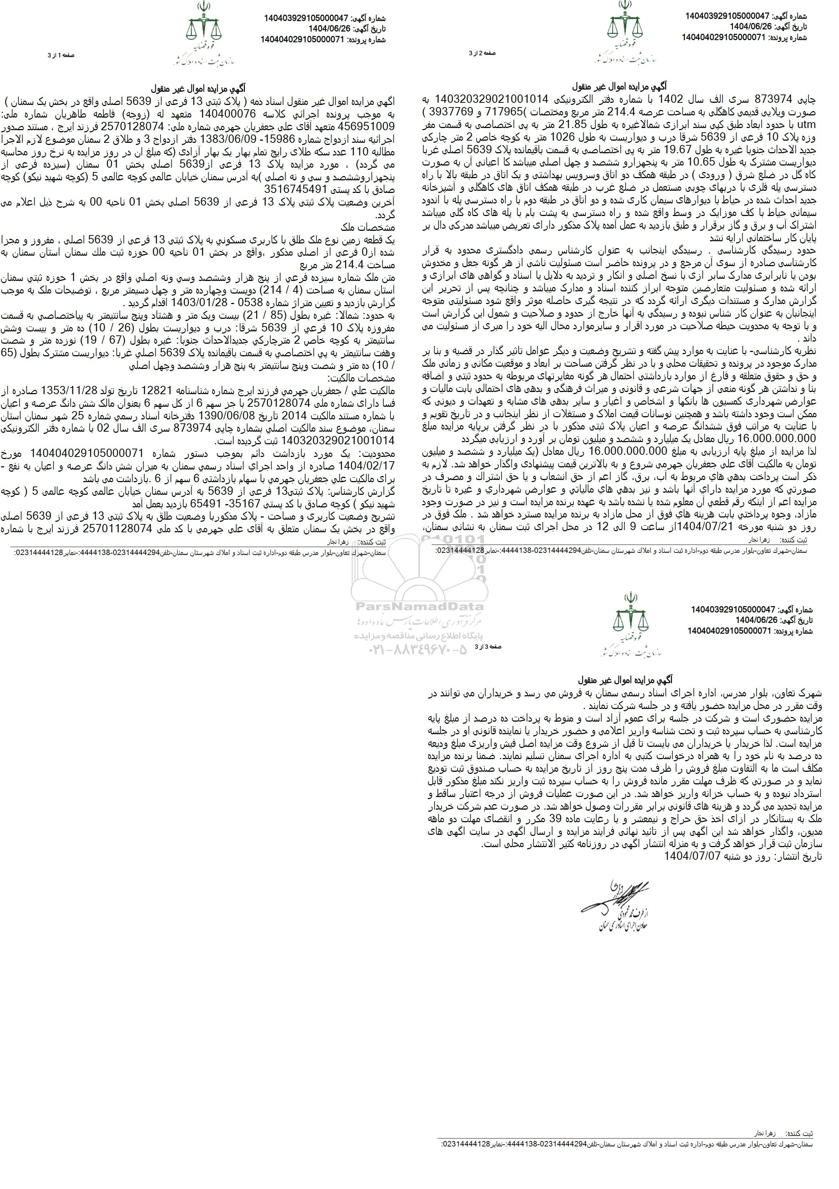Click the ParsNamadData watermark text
tap(418, 607)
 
